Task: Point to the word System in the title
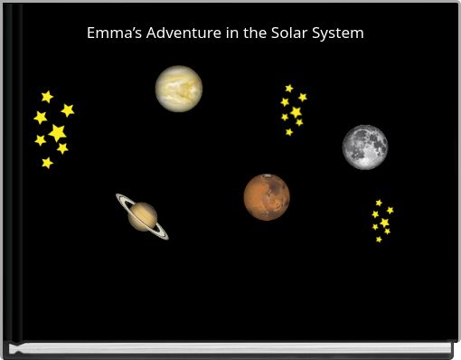coord(338,33)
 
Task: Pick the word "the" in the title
coord(255,33)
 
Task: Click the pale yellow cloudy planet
coord(178,89)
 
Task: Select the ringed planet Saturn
coord(142,216)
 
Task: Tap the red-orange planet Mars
coord(267,196)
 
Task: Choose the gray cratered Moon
coord(365,147)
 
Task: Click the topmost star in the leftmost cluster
coord(47,97)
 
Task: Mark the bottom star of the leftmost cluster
coord(47,163)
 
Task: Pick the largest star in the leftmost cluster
coord(57,133)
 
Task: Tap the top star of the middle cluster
coord(289,89)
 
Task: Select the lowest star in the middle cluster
coord(289,132)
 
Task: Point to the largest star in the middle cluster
coord(296,112)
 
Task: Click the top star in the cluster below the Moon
coord(379,203)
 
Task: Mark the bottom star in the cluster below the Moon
coord(379,240)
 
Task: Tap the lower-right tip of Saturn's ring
coord(166,237)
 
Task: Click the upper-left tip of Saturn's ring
coord(118,195)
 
